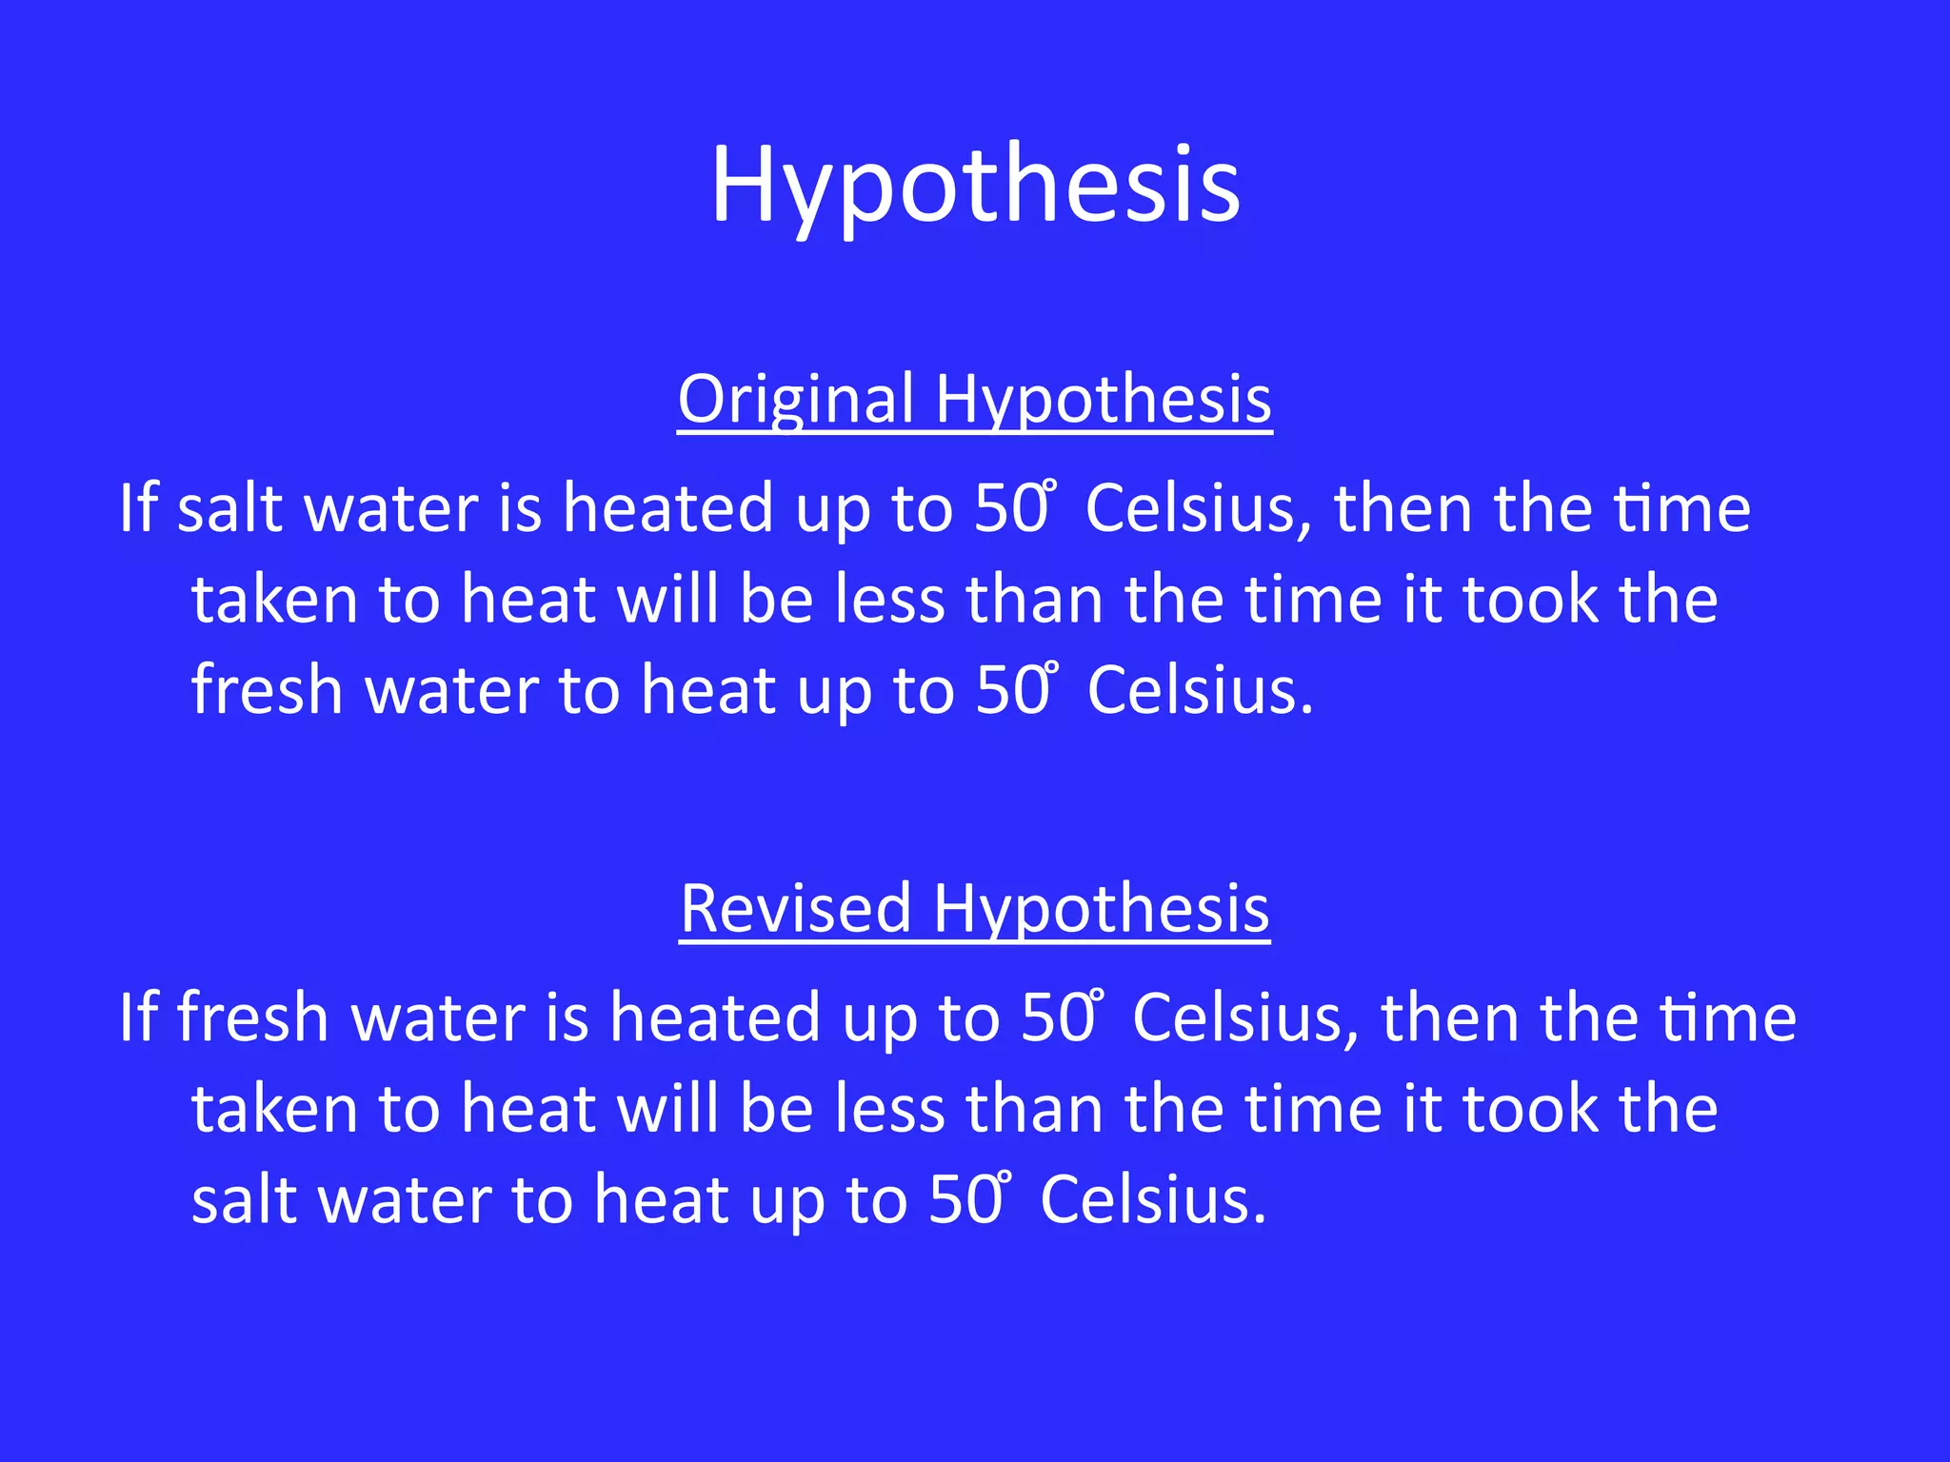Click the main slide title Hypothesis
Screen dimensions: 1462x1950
point(975,185)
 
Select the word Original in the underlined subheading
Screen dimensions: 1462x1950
point(796,400)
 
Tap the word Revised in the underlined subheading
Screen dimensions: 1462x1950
point(796,909)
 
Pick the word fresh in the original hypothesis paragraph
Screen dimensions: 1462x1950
point(267,689)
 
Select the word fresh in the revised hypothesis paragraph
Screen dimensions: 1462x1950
point(252,1017)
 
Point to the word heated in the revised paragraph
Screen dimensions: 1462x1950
point(715,1017)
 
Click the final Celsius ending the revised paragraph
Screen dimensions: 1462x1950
point(1153,1199)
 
